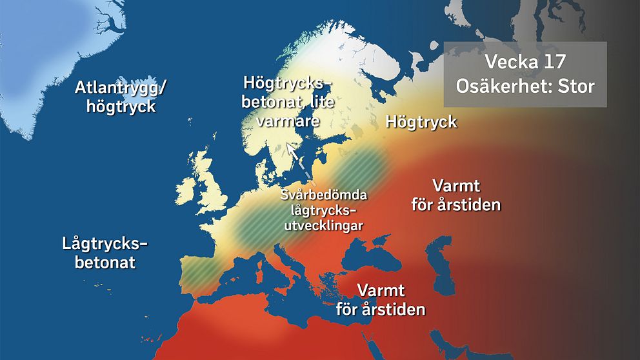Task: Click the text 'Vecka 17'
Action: coord(525,63)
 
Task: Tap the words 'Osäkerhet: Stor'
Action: coord(525,86)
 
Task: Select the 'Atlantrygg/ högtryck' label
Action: coord(120,96)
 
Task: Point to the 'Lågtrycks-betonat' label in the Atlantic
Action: coord(105,252)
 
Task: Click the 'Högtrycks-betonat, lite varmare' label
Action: coord(286,101)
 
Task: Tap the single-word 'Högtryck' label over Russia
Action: coord(421,121)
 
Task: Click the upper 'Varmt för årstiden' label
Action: coord(456,195)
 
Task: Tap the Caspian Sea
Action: coord(443,258)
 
